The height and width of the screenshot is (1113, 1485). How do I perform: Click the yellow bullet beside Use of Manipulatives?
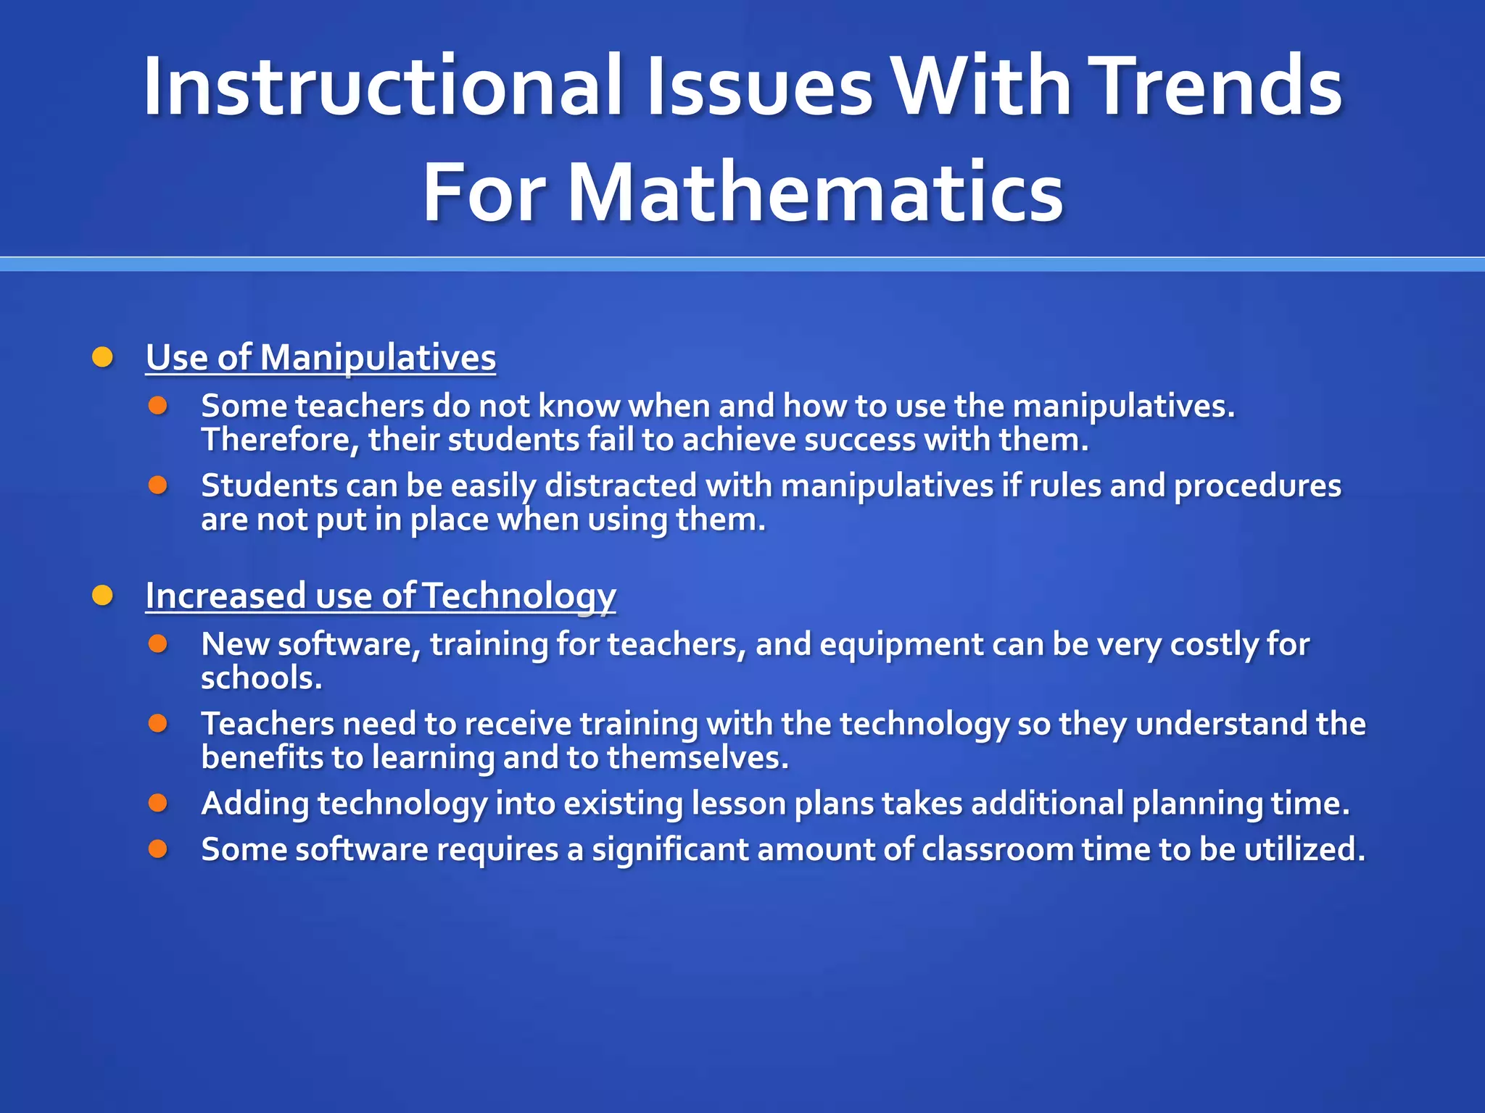[102, 357]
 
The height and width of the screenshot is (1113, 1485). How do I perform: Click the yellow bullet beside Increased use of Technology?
[102, 596]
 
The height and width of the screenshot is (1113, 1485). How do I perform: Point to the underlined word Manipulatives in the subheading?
[378, 359]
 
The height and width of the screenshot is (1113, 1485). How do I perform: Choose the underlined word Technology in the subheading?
[519, 597]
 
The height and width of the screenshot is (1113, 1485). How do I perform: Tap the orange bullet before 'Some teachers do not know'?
[158, 405]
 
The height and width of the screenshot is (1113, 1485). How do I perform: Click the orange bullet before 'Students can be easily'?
[158, 485]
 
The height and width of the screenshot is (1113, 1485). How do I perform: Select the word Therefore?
[279, 441]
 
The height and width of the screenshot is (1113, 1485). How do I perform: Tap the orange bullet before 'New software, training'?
[158, 643]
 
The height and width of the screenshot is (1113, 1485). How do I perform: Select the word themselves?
[696, 758]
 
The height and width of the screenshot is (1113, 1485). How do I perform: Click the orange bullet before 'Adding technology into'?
[158, 803]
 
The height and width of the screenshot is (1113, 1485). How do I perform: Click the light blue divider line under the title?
[742, 264]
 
